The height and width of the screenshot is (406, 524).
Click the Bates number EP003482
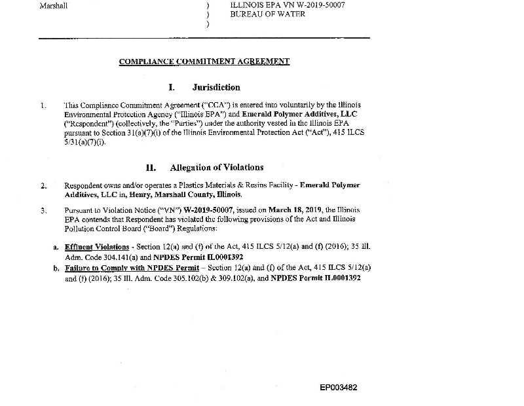point(339,388)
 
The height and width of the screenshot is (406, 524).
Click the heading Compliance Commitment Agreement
point(204,62)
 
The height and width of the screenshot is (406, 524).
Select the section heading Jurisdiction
point(216,87)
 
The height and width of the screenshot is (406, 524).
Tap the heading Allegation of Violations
point(217,168)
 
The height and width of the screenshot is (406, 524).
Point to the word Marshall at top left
point(54,5)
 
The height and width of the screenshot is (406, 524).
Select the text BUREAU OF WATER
point(267,14)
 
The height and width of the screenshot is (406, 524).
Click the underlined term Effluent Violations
point(97,247)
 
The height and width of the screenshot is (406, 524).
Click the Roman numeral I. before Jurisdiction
point(172,87)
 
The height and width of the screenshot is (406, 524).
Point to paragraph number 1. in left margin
point(43,105)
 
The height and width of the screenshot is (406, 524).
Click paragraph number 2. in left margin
point(43,186)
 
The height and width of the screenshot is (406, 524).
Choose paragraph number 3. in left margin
point(43,210)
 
